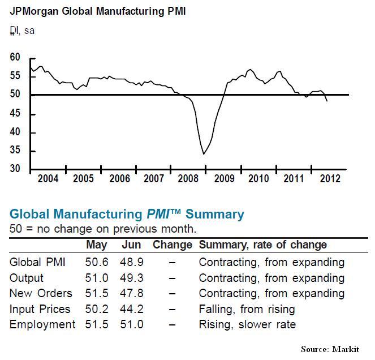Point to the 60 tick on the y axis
(x=15, y=58)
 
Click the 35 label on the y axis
(x=15, y=151)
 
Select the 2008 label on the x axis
(x=188, y=179)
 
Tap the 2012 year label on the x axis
(x=330, y=179)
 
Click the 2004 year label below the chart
(x=48, y=179)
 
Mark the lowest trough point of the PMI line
(x=204, y=153)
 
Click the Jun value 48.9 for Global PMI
(x=131, y=262)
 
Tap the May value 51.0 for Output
(x=96, y=278)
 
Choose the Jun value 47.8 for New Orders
(x=131, y=293)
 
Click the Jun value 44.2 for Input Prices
(x=131, y=309)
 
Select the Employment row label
(x=42, y=324)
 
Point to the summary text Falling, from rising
(x=247, y=309)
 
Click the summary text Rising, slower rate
(x=247, y=324)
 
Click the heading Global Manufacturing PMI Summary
(x=127, y=215)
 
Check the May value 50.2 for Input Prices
(x=96, y=309)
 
